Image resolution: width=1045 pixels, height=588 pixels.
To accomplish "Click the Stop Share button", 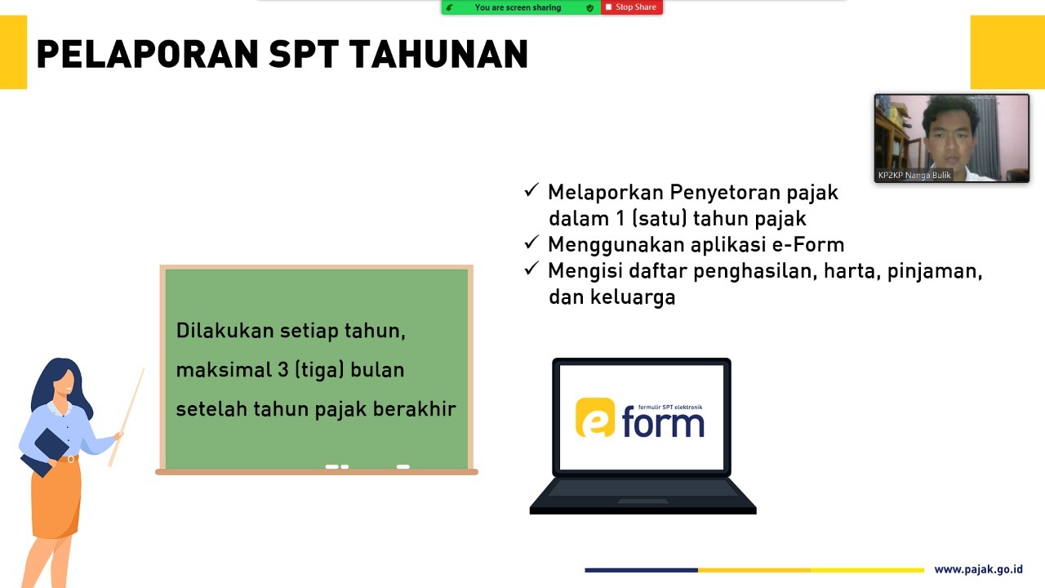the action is click(632, 7).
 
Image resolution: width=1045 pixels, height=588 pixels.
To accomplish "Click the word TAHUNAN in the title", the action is click(438, 55).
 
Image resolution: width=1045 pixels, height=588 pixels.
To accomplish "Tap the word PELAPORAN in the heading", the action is click(148, 55).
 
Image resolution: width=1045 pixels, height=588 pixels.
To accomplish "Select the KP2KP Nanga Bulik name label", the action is click(914, 175).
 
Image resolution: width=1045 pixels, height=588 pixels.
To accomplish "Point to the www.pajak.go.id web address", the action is click(978, 569).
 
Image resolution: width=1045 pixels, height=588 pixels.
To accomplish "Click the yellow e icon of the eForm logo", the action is click(595, 417).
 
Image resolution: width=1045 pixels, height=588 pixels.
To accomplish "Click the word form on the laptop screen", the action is click(663, 424).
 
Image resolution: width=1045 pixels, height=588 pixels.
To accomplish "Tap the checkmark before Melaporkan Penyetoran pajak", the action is click(531, 190).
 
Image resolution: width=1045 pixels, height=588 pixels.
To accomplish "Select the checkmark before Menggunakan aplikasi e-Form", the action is click(531, 243).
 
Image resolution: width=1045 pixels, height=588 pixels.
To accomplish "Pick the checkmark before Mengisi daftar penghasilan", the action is click(531, 269).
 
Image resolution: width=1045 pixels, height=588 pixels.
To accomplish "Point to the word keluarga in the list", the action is click(633, 297).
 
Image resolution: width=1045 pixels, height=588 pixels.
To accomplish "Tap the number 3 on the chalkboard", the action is click(283, 370).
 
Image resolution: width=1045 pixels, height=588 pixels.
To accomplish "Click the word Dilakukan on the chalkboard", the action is click(225, 331).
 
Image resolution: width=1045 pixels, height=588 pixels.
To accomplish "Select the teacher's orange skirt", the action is click(56, 497).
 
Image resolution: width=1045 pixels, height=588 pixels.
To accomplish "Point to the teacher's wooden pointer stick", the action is click(127, 417).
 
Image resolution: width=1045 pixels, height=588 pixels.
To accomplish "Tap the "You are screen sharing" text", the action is click(518, 7).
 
